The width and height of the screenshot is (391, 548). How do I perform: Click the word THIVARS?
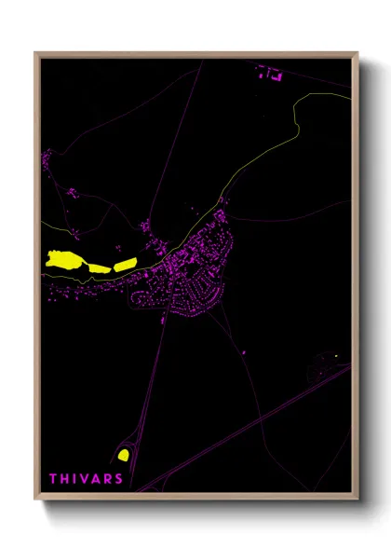click(86, 479)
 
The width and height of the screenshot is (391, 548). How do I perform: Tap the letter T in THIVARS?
click(54, 479)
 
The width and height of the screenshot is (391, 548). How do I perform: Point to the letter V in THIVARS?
click(85, 479)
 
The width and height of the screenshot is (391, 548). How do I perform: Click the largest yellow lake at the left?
click(64, 259)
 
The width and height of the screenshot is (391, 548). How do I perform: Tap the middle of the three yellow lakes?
click(98, 267)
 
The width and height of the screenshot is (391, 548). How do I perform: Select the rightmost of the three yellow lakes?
click(124, 264)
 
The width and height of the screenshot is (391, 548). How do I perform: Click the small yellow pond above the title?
click(123, 455)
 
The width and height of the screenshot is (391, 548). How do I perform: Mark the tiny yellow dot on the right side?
click(335, 355)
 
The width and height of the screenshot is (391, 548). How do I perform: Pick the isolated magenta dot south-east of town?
click(244, 352)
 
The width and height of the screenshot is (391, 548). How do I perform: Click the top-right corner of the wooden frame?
click(357, 54)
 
